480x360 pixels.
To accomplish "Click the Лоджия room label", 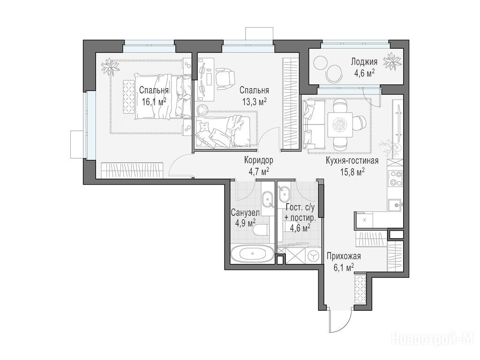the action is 364,62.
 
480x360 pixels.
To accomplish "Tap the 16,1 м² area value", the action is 154,101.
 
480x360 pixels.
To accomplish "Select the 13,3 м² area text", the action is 254,101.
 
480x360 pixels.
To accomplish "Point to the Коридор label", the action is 259,160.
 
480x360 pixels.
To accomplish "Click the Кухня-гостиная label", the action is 352,161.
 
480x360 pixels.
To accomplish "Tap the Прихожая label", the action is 344,256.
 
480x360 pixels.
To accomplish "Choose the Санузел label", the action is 245,212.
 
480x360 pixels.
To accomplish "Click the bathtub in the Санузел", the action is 252,254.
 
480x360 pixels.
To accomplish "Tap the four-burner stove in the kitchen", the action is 395,179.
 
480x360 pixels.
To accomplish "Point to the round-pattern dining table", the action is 340,125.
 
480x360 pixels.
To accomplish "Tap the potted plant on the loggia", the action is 392,61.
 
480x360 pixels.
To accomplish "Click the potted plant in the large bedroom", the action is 110,67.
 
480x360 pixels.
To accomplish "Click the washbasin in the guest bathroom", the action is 285,194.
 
